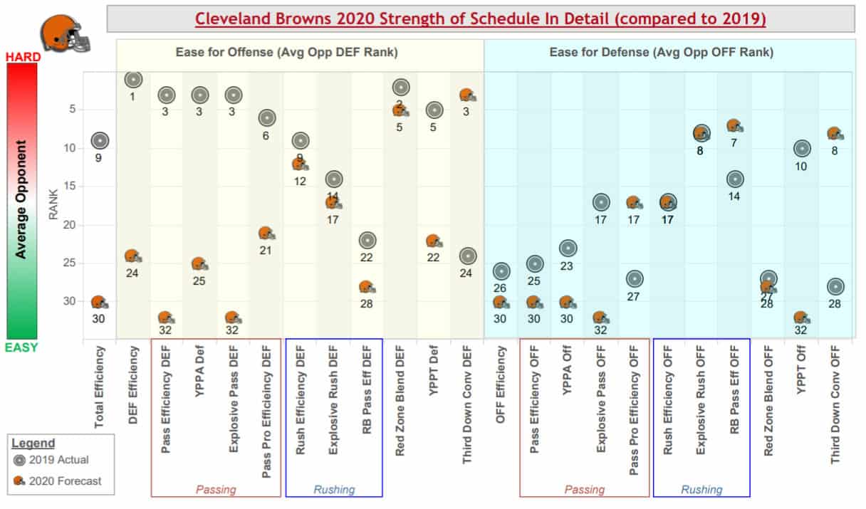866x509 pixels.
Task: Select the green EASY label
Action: [x=22, y=347]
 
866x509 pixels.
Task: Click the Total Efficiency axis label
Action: [x=100, y=387]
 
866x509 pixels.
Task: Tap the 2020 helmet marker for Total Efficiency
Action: [x=100, y=303]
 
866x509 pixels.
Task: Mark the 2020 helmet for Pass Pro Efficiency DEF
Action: [x=266, y=233]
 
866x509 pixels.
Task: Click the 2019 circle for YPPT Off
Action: [x=802, y=149]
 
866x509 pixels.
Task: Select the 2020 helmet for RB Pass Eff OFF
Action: [x=735, y=126]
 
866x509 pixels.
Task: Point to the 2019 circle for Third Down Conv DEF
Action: [x=468, y=256]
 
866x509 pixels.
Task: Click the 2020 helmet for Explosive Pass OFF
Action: [x=601, y=318]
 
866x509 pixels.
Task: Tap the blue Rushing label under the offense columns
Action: [x=334, y=490]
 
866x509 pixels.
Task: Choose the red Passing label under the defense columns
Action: [x=585, y=490]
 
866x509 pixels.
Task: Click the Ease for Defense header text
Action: [x=661, y=52]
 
